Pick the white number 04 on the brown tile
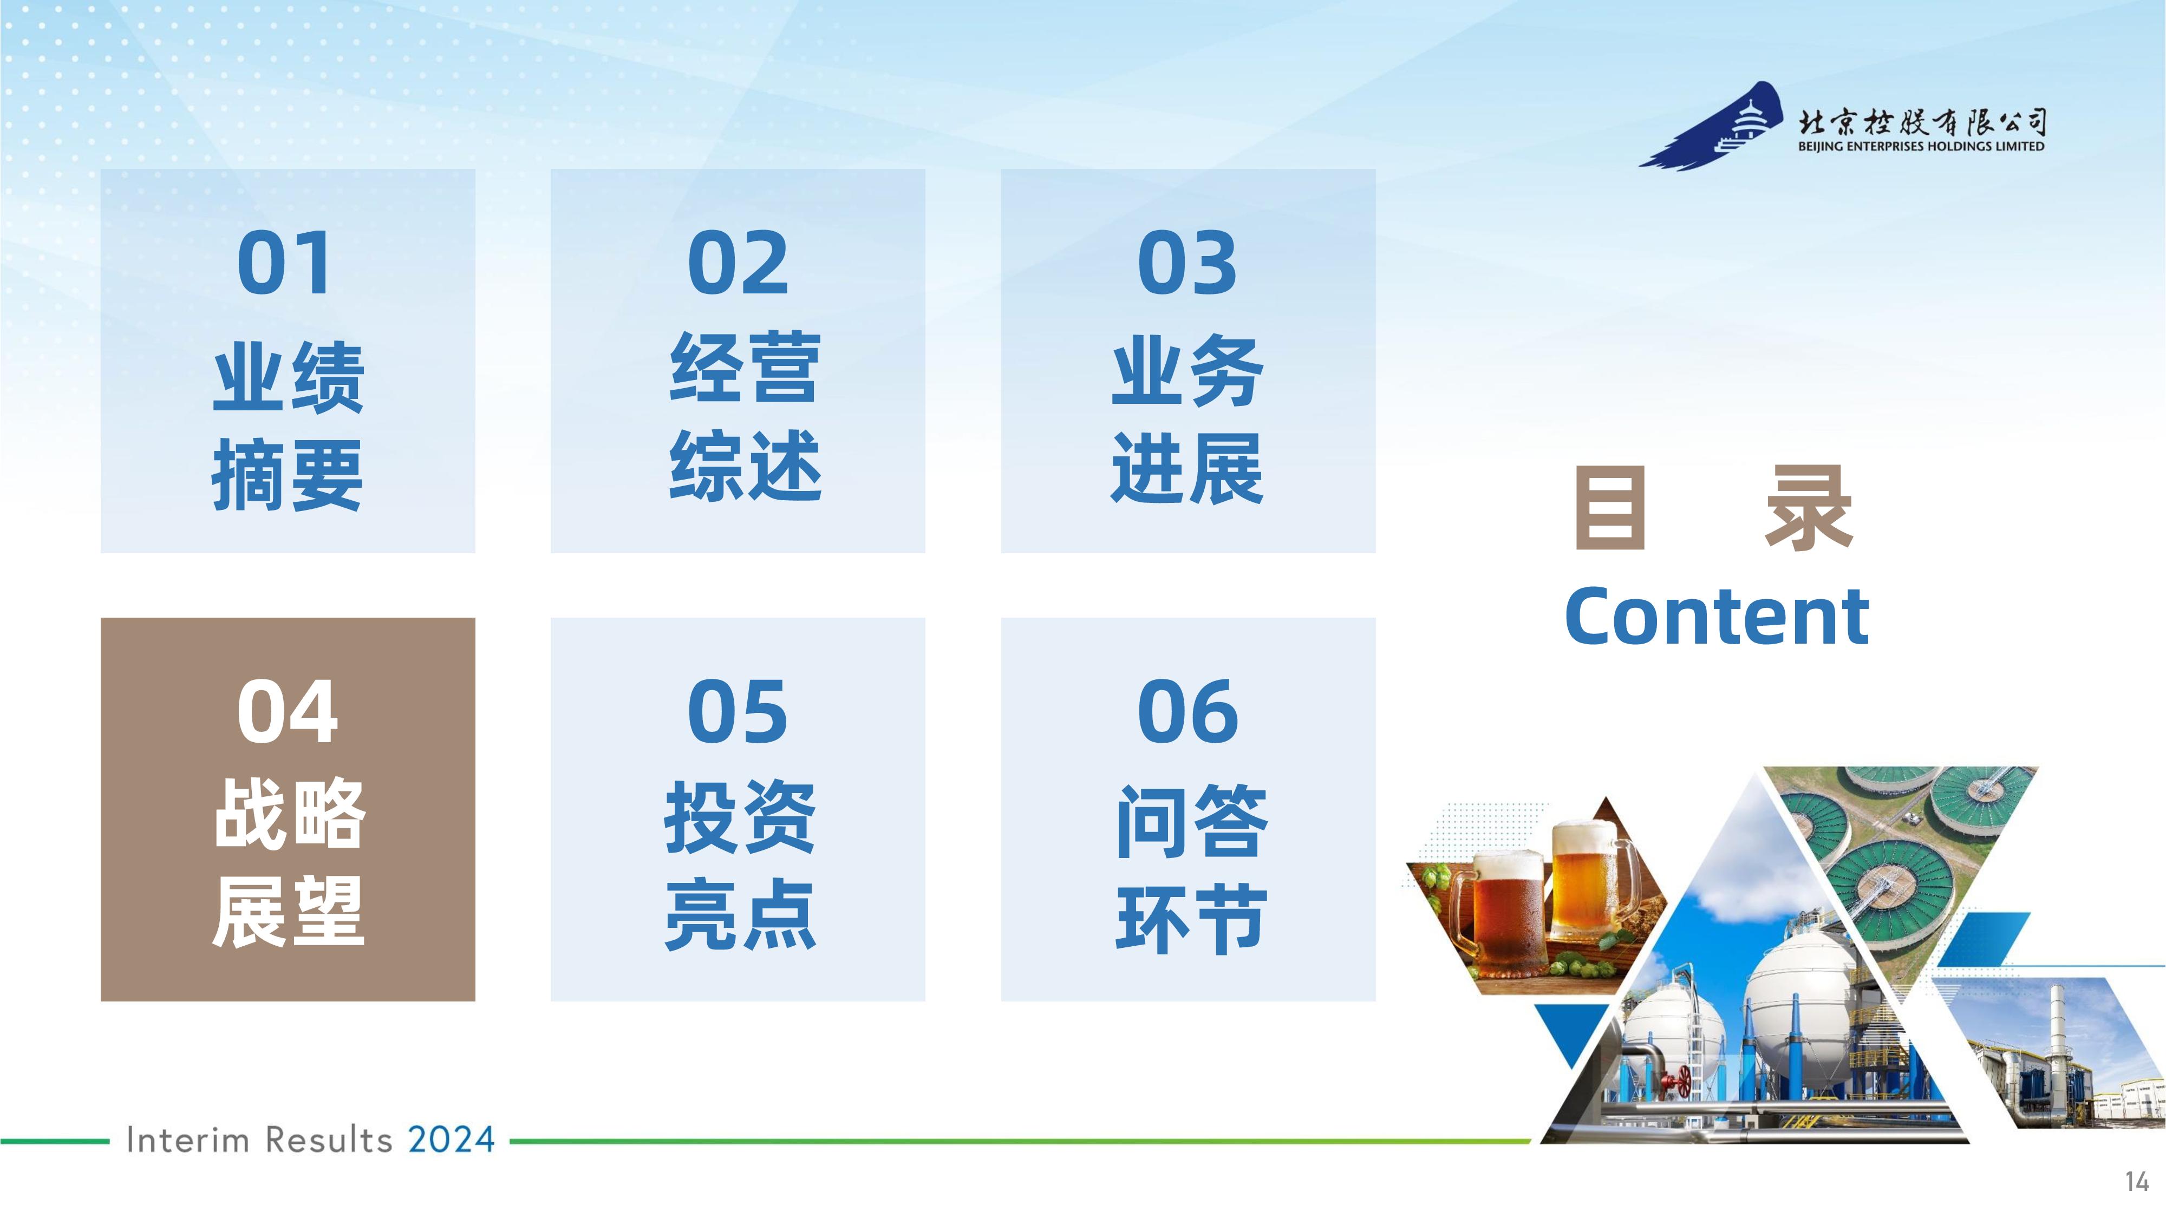click(x=287, y=711)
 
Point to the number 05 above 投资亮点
click(x=738, y=711)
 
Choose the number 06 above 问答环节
click(x=1188, y=711)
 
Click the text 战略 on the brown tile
click(x=289, y=813)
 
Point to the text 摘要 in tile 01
click(x=288, y=475)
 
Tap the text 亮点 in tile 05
click(x=740, y=914)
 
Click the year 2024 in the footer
click(x=452, y=1140)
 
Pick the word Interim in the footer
click(x=187, y=1141)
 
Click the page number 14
click(x=2137, y=1182)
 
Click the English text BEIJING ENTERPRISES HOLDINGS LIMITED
click(x=1921, y=146)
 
